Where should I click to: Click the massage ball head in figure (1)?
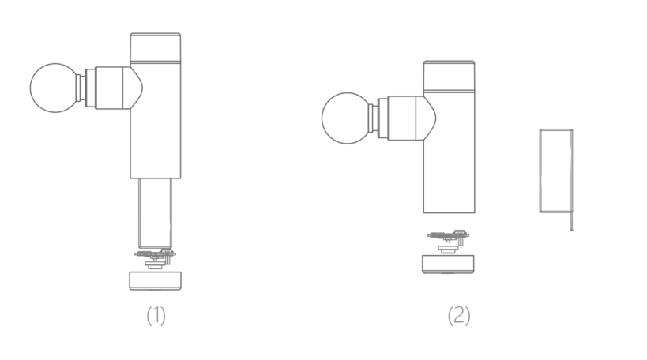point(54,88)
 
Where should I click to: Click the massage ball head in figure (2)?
point(347,118)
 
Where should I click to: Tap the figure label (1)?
point(156,316)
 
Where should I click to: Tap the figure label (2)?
point(459,316)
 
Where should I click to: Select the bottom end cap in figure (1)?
point(155,281)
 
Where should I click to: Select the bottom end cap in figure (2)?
point(448,264)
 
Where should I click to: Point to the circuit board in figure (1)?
point(155,258)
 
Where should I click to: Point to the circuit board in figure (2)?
point(448,241)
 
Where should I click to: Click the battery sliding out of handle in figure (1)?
point(155,213)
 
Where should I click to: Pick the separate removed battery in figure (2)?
point(556,171)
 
